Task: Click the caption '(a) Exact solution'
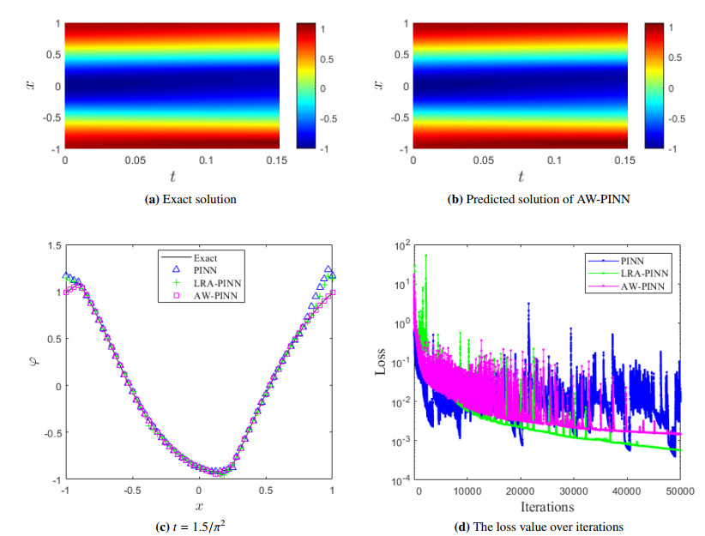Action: tap(172, 200)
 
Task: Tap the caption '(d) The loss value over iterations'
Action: tap(526, 527)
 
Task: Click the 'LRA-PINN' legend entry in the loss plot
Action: tap(638, 273)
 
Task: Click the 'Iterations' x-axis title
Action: tap(547, 508)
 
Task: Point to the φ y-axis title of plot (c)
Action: tap(32, 363)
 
